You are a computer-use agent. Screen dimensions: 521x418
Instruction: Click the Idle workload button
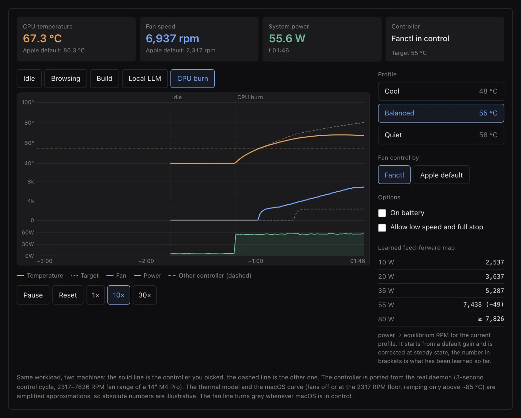tap(29, 79)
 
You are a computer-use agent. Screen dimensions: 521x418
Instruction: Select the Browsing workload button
tap(65, 79)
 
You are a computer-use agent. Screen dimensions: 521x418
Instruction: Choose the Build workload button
tap(104, 79)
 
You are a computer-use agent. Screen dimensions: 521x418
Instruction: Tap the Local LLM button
tap(145, 79)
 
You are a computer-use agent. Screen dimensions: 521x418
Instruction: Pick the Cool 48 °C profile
tap(441, 91)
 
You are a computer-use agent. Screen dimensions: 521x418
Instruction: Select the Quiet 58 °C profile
tap(441, 135)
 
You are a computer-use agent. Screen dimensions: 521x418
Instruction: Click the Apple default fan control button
tap(441, 175)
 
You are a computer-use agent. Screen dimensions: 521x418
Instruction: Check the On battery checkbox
tap(382, 213)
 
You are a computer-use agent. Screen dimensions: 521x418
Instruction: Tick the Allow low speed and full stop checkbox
tap(382, 227)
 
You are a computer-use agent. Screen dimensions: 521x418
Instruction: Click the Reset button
tap(68, 295)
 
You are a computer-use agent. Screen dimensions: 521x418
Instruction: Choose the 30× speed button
tap(145, 295)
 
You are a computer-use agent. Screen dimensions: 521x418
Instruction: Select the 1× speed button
tap(96, 295)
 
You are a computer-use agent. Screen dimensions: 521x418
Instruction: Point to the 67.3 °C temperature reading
tap(42, 38)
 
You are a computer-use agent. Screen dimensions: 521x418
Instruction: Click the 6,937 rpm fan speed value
tap(172, 38)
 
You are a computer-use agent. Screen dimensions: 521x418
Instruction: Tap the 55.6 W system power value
tap(287, 38)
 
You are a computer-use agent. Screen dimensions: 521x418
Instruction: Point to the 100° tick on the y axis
tap(28, 102)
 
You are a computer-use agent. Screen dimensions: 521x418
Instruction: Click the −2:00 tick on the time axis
tap(146, 261)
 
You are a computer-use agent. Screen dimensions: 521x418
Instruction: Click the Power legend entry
tap(148, 276)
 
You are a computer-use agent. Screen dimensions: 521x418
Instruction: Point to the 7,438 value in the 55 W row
tap(472, 304)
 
